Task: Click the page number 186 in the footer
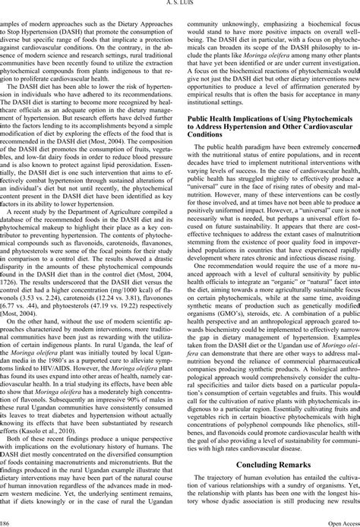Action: pyautogui.click(x=5, y=522)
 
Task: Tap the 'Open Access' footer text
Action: pyautogui.click(x=339, y=522)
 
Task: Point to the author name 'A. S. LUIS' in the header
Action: pyautogui.click(x=180, y=4)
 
